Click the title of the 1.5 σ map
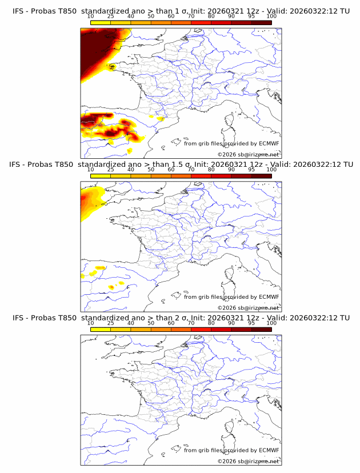181,165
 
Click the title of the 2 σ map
181,318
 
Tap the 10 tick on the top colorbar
91,17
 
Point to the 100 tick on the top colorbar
271,17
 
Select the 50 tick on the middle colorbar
151,170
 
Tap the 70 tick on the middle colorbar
191,170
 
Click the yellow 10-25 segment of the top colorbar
101,23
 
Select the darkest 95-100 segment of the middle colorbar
261,176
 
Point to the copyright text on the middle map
248,307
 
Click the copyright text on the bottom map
248,461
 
